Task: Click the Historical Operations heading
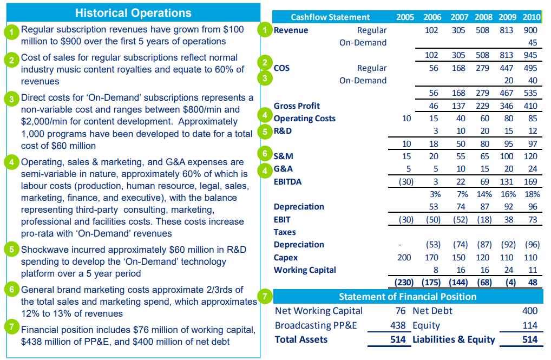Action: click(x=133, y=12)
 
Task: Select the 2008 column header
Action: click(x=483, y=17)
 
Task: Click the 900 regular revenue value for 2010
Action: click(x=530, y=30)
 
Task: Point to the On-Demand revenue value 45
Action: click(x=533, y=43)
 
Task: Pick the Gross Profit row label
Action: click(x=297, y=106)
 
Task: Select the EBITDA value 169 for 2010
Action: click(x=530, y=182)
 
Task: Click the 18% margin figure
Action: click(x=532, y=194)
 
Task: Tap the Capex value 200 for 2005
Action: click(x=404, y=258)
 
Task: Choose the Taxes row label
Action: click(x=285, y=232)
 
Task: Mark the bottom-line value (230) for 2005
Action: click(x=404, y=282)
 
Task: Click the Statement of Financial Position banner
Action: click(x=407, y=297)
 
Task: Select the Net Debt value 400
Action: click(x=530, y=311)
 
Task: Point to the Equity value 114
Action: click(x=530, y=325)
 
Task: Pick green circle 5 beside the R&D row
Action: click(x=265, y=131)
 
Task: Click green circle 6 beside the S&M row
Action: click(x=265, y=154)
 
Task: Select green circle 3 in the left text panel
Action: click(x=11, y=99)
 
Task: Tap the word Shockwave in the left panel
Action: click(x=45, y=250)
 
